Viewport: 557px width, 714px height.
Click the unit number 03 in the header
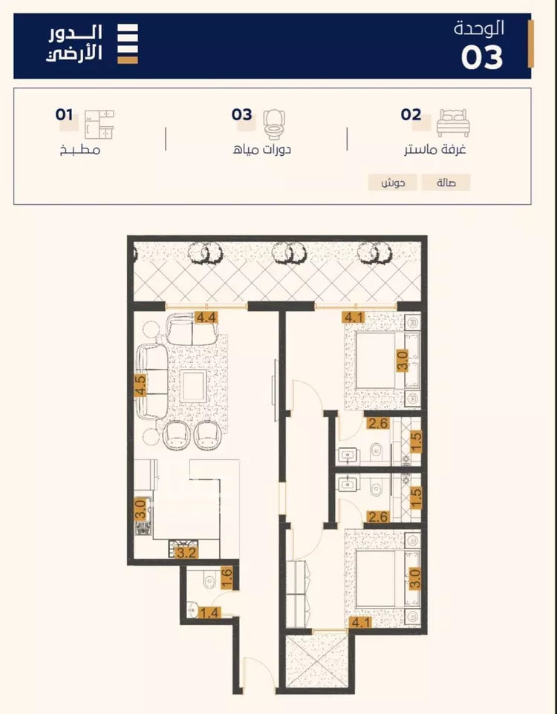[482, 57]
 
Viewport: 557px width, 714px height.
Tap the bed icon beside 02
[452, 122]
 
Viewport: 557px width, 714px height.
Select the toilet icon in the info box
[274, 124]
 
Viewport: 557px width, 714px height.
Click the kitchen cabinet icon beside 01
[99, 124]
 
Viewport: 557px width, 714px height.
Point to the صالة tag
[446, 183]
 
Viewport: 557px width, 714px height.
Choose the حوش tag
[392, 183]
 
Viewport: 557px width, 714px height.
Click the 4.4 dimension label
[206, 317]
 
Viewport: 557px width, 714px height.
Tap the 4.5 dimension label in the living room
[140, 384]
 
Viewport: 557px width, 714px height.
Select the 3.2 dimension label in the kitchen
[186, 553]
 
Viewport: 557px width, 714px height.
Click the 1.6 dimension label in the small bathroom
[227, 577]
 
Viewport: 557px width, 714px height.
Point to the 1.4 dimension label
[209, 613]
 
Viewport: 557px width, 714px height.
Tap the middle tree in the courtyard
[290, 253]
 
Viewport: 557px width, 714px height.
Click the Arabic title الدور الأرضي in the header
[74, 44]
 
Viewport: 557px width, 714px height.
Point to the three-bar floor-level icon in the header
[128, 44]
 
